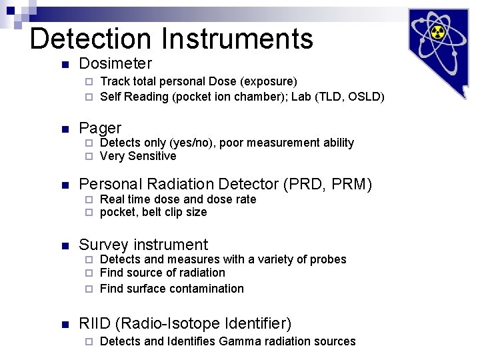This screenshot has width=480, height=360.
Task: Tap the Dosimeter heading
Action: pyautogui.click(x=115, y=64)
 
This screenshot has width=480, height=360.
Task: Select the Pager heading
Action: pyautogui.click(x=100, y=128)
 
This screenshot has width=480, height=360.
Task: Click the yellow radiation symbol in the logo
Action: pyautogui.click(x=437, y=32)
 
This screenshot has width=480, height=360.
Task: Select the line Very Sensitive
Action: pyautogui.click(x=138, y=156)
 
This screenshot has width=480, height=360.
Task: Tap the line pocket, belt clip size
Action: pyautogui.click(x=153, y=212)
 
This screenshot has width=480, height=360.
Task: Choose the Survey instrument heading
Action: pyautogui.click(x=143, y=245)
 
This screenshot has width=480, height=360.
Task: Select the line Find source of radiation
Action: pyautogui.click(x=163, y=273)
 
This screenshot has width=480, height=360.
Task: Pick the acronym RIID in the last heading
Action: pyautogui.click(x=95, y=324)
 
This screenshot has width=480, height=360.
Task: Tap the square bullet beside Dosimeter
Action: pyautogui.click(x=64, y=65)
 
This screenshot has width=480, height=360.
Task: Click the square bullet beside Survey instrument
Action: pyautogui.click(x=64, y=246)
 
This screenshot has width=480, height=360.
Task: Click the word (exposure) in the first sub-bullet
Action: pyautogui.click(x=269, y=81)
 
